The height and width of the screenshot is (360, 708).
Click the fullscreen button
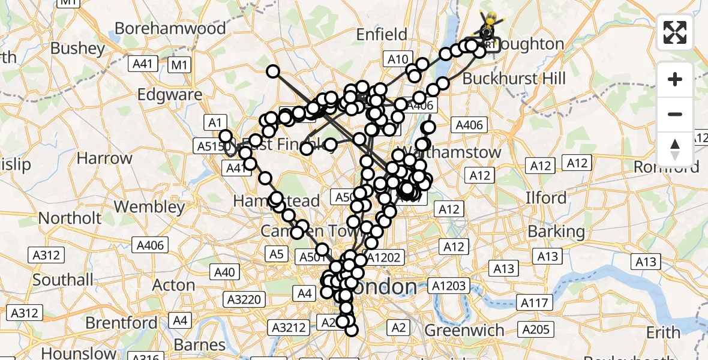[675, 32]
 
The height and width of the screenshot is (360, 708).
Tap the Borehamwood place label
[162, 28]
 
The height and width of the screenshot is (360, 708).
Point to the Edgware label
[170, 95]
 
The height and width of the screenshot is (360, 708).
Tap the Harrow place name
[104, 159]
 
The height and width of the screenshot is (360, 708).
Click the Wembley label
[149, 207]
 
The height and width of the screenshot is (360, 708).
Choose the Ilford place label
[545, 198]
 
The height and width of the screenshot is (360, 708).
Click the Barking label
[556, 231]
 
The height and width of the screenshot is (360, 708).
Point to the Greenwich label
[464, 331]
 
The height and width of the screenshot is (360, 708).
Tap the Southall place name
[63, 280]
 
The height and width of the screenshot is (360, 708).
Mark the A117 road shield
[534, 303]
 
